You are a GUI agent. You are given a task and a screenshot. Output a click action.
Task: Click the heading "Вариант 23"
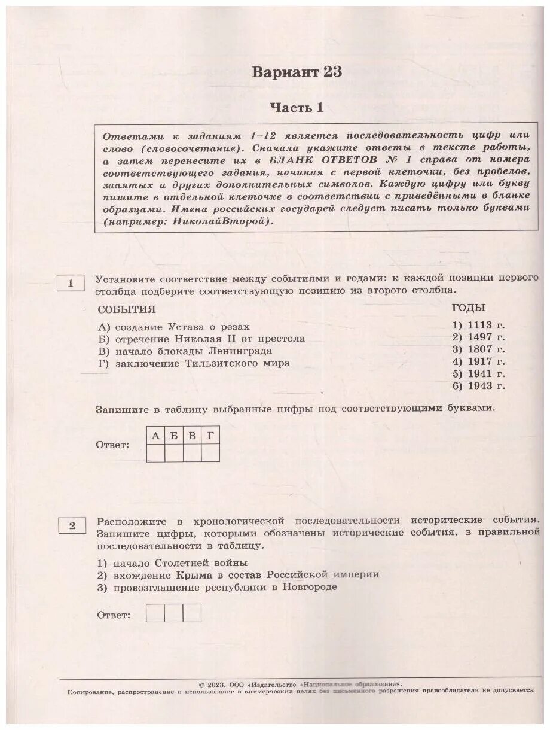297,72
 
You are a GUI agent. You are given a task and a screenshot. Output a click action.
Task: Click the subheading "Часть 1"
297,108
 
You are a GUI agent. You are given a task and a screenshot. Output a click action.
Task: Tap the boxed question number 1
71,283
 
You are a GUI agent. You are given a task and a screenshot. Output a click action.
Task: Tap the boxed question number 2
72,525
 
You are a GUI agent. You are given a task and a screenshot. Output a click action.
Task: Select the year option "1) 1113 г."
478,326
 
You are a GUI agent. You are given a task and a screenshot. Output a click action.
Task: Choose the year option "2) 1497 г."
478,337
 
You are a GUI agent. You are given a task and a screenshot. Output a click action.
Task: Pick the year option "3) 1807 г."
478,349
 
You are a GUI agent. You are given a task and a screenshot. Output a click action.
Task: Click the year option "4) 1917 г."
478,361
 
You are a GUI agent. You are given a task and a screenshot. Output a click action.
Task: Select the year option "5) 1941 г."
478,373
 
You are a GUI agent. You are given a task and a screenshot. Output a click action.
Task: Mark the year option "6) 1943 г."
478,385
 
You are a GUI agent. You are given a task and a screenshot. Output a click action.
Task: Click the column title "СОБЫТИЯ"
126,309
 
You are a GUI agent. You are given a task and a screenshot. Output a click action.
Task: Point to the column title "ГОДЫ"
468,308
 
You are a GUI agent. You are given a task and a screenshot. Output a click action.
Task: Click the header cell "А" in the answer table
156,436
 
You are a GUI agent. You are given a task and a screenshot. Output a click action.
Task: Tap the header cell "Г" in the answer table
210,436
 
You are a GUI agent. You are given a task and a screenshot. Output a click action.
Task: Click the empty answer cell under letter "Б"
174,453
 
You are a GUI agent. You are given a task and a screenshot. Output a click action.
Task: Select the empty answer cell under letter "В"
192,453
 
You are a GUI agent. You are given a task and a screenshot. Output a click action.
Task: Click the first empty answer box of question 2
155,613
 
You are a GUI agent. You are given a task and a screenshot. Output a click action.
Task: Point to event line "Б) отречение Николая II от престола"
201,339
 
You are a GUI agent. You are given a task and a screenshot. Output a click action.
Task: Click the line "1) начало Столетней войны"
172,563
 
